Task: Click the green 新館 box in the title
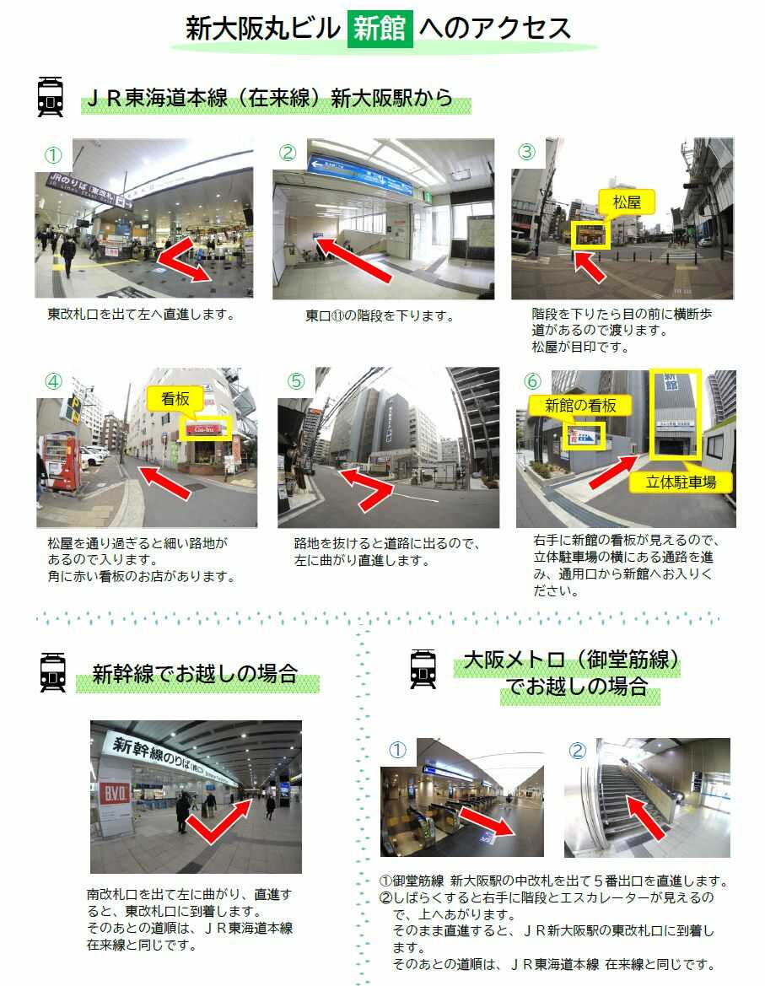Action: [x=380, y=29]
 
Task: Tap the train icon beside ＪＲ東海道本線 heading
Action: [x=51, y=97]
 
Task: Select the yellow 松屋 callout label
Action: [x=626, y=202]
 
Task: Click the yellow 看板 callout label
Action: [x=175, y=399]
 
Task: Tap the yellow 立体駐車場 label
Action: [x=681, y=482]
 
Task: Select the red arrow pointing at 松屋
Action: [x=590, y=266]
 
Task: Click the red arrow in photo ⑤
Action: [x=368, y=488]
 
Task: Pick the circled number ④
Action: [x=53, y=381]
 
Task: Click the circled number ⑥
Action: [x=532, y=381]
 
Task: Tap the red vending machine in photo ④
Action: [x=61, y=463]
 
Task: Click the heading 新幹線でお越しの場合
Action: [x=195, y=674]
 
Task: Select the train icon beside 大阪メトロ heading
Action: [x=423, y=669]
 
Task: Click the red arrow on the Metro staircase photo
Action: [x=645, y=817]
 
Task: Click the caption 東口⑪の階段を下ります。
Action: [x=380, y=315]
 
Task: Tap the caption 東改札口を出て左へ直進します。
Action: [x=142, y=315]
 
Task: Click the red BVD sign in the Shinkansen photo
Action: [x=115, y=794]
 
